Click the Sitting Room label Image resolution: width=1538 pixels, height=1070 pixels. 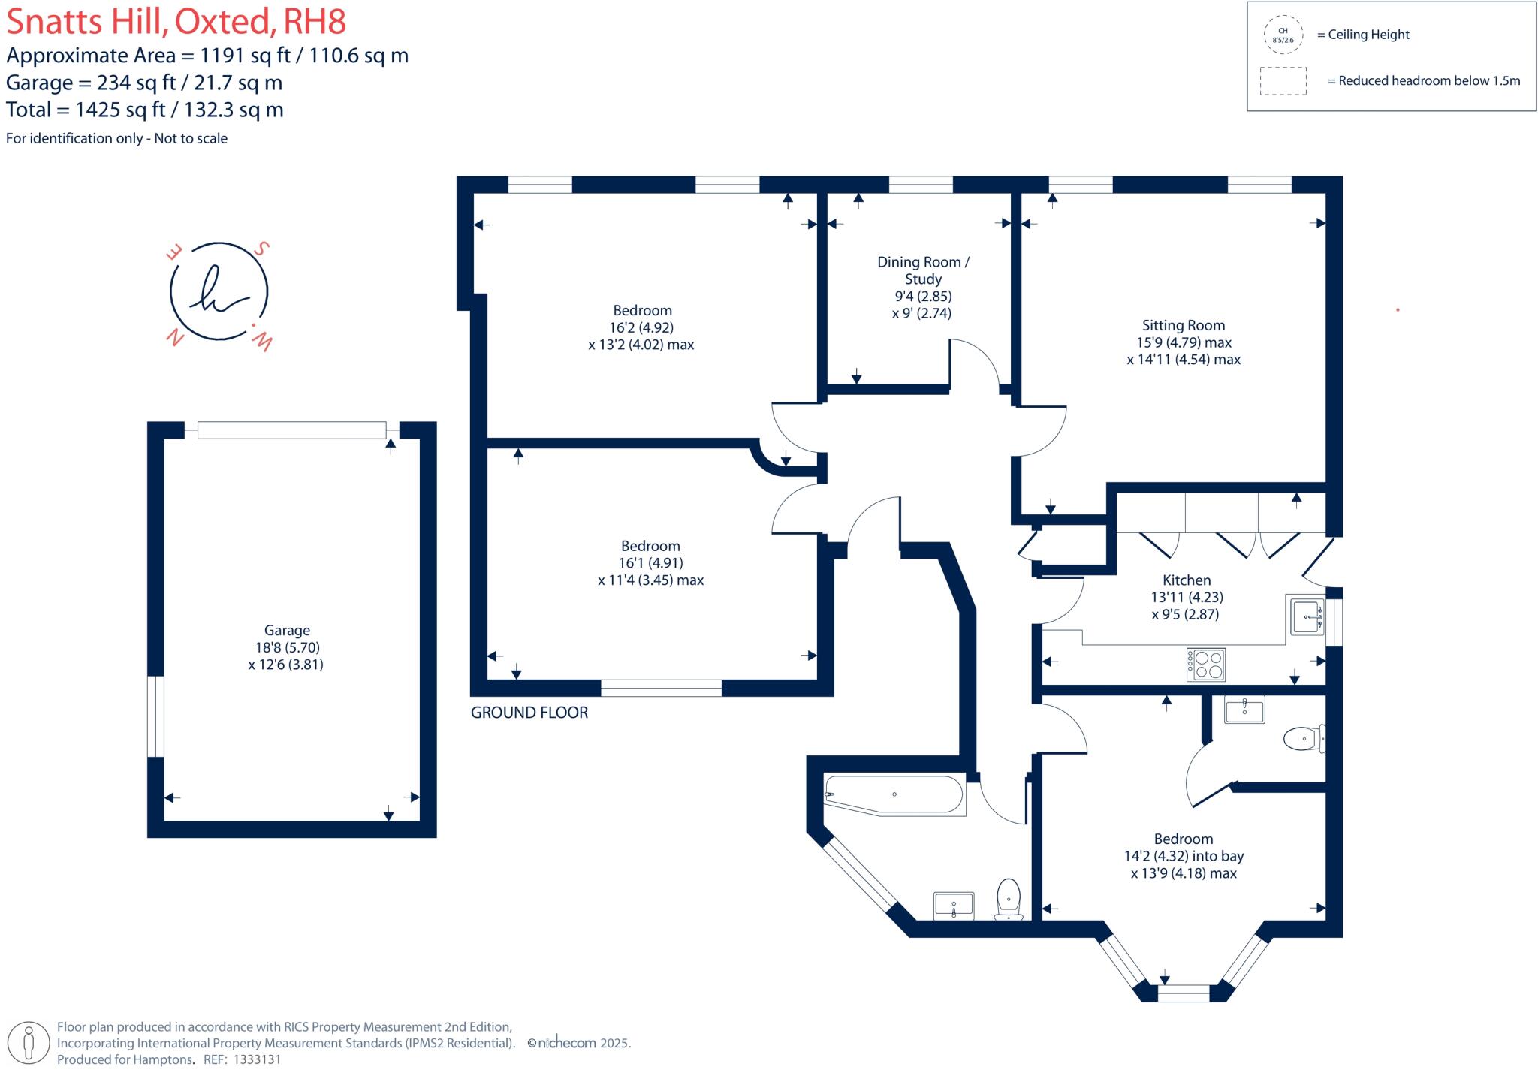1183,325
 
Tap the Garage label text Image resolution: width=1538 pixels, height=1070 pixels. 287,631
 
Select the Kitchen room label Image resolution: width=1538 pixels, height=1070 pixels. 1186,580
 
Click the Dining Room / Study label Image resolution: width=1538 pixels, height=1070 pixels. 923,270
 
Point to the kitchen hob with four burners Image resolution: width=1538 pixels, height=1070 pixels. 1205,665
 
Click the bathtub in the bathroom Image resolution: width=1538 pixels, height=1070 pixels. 894,794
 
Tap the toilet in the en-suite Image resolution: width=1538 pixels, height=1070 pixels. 1302,739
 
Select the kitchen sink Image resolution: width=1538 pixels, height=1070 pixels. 1307,616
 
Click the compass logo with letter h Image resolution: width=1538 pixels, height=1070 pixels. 219,292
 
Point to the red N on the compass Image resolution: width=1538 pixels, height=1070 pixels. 175,338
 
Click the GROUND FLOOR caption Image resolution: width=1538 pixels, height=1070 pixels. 529,713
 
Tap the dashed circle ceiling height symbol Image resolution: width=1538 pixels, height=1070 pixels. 1283,35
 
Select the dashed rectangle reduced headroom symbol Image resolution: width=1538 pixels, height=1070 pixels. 1283,81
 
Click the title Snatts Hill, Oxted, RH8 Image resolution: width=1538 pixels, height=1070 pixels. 176,22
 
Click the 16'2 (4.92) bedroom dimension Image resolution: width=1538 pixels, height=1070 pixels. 641,327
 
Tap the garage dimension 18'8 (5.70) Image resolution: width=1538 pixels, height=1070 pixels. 287,647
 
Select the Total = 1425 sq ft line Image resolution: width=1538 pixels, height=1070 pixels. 145,110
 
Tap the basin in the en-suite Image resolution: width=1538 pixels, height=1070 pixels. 1244,710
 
